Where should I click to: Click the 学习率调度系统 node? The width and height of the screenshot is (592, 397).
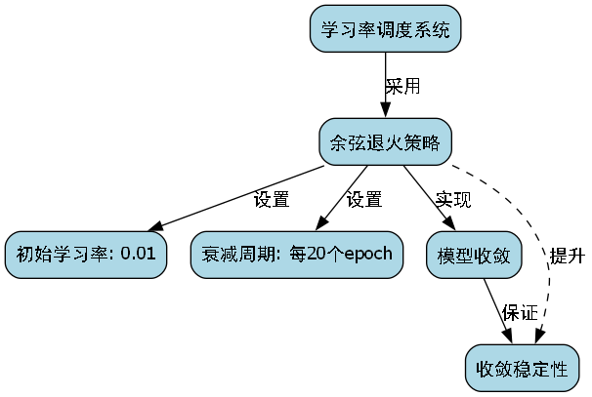coord(385,29)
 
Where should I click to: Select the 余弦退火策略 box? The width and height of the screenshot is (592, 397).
coord(385,142)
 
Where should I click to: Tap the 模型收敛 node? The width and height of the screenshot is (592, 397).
coord(475,256)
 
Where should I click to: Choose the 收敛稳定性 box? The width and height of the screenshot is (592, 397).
coord(522,369)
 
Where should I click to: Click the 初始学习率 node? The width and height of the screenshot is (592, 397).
coord(85,256)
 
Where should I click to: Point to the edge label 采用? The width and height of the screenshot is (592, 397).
coord(402,86)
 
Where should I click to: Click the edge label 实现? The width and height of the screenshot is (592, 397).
coord(453,200)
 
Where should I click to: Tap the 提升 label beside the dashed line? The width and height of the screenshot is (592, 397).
coord(567,257)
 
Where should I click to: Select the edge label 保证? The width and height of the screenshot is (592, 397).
coord(520,313)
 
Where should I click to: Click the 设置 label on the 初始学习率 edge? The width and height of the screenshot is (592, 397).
coord(272,200)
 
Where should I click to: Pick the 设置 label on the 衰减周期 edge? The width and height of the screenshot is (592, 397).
coord(364,200)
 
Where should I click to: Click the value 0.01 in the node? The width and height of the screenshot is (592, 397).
coord(138,256)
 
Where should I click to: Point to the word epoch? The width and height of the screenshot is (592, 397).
coord(361,256)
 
